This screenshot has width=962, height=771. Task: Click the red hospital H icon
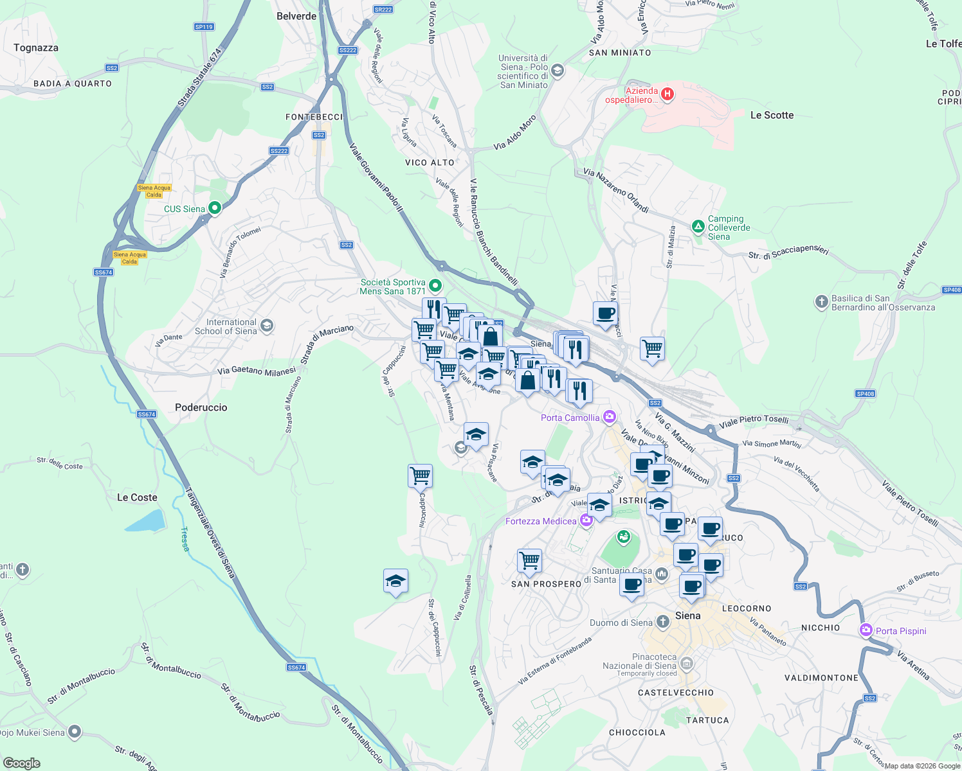[667, 94]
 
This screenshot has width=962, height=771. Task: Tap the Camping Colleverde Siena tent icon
[698, 227]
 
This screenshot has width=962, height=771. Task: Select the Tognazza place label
[36, 48]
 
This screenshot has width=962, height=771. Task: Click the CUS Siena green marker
[215, 208]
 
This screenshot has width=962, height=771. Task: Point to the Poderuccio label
[201, 407]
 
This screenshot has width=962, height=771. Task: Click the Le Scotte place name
[772, 116]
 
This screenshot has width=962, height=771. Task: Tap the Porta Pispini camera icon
[866, 630]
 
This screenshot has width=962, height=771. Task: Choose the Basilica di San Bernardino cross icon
[821, 301]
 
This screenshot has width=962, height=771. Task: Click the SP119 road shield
[204, 27]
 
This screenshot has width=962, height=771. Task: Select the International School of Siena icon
[267, 326]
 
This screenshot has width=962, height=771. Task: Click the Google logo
[21, 763]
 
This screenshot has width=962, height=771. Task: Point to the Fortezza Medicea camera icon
[586, 520]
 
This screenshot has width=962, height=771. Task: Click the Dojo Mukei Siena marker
[75, 731]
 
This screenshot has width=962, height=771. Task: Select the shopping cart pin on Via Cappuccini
[420, 476]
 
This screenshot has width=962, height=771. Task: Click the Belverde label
[296, 16]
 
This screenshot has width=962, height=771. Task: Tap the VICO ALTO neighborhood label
[430, 163]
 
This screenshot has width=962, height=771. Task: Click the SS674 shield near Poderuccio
[147, 414]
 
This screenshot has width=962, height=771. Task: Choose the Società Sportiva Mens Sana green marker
[435, 285]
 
